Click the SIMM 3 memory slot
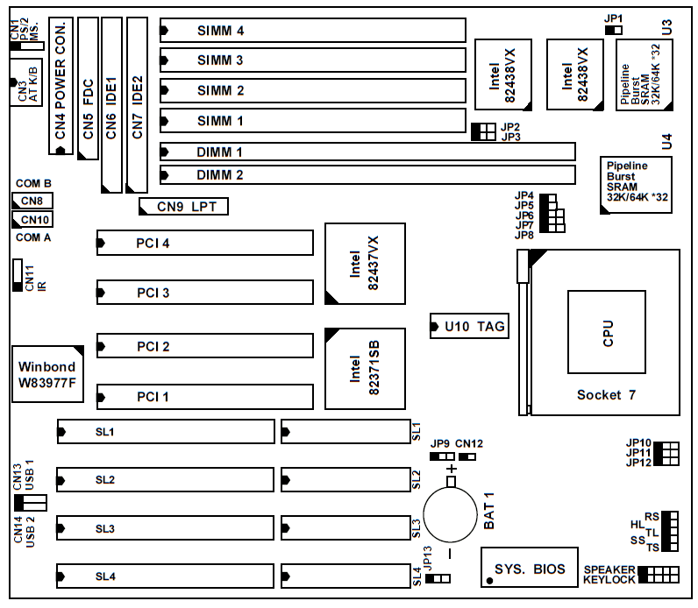312,60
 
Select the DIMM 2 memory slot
367,175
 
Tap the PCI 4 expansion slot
204,243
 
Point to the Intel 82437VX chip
364,264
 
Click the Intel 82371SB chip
364,369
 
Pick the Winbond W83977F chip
47,374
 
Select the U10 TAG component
470,327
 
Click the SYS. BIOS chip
529,568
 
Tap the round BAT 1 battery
450,513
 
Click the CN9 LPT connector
184,207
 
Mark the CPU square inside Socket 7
608,334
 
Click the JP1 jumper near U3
614,30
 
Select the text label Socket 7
606,394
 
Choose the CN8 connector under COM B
31,201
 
